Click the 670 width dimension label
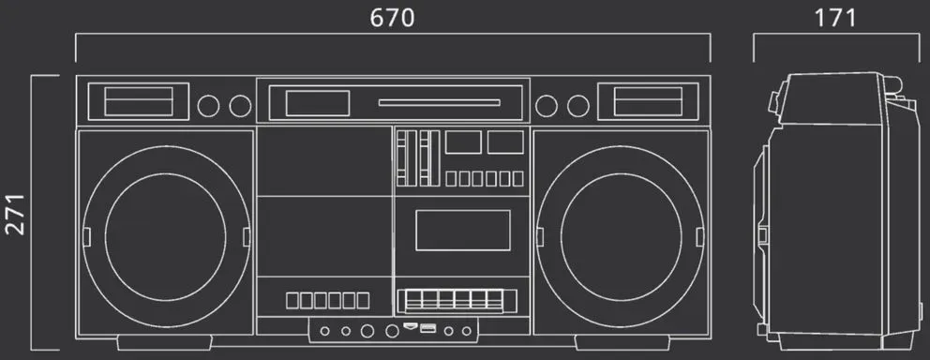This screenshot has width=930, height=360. (392, 19)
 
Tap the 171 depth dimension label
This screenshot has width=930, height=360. (835, 19)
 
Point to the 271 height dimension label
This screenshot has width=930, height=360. (16, 214)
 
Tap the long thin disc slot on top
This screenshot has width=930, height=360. (440, 102)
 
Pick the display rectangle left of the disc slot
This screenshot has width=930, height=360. (317, 103)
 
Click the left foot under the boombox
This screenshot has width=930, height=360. (164, 342)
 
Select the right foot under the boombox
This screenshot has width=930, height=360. (622, 342)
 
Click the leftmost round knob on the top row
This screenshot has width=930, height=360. (208, 106)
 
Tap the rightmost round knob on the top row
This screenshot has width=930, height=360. (577, 106)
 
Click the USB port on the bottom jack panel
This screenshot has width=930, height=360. (428, 328)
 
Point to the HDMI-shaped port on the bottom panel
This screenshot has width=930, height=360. (410, 325)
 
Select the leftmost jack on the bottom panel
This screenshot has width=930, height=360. (325, 331)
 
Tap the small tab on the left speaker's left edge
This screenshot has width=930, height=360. (86, 236)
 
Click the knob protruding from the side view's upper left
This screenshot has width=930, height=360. (774, 101)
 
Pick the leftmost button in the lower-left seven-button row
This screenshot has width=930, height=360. (292, 301)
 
